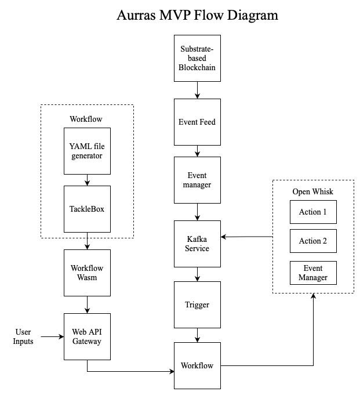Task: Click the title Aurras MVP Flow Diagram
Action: [197, 15]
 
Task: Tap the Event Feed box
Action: [197, 122]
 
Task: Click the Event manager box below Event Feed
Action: [197, 180]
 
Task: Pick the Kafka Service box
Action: [197, 244]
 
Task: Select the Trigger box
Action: [197, 305]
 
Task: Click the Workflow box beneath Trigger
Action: [197, 365]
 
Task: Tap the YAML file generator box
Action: [87, 151]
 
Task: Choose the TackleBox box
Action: [87, 209]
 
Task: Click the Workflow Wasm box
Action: [87, 273]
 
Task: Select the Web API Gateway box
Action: [87, 336]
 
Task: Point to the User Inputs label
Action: [24, 336]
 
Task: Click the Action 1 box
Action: [313, 212]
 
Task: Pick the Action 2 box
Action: [313, 241]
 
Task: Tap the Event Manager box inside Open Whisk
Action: [313, 273]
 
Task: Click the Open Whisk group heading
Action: [313, 192]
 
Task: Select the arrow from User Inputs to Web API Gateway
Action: [52, 336]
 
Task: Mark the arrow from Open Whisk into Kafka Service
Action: [246, 237]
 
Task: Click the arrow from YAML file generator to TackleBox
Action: [87, 180]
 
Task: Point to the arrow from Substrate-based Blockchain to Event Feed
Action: [197, 89]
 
